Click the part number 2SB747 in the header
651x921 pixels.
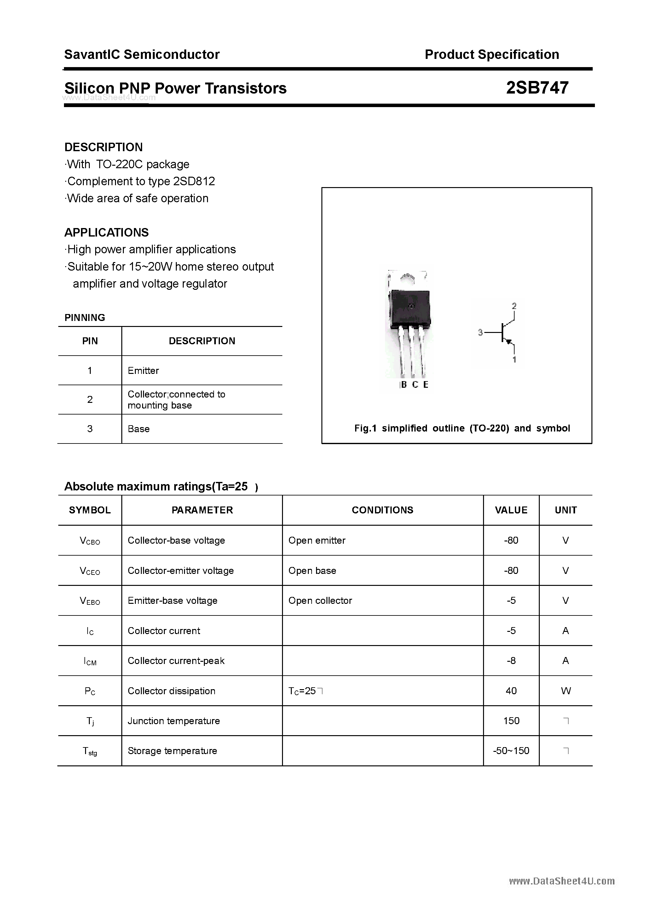coord(537,88)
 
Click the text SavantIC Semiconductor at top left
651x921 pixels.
coord(142,54)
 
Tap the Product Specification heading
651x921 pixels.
coord(492,54)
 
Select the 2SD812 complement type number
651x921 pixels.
coord(194,181)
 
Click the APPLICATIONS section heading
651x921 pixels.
coord(107,233)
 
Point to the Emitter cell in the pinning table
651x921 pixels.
coord(143,371)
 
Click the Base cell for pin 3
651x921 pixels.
coord(138,429)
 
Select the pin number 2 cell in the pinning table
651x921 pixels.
coord(90,399)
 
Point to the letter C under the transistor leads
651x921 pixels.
coord(415,385)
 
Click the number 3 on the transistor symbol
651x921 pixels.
coord(480,333)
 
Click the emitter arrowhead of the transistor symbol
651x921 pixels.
coord(509,342)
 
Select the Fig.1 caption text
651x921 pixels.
coord(462,428)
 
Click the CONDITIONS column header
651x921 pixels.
coord(383,510)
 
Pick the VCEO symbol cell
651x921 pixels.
coord(90,571)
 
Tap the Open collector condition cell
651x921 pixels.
coord(320,600)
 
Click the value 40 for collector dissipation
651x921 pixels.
coord(511,691)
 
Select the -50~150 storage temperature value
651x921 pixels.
coord(511,751)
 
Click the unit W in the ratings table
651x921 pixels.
coord(566,691)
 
